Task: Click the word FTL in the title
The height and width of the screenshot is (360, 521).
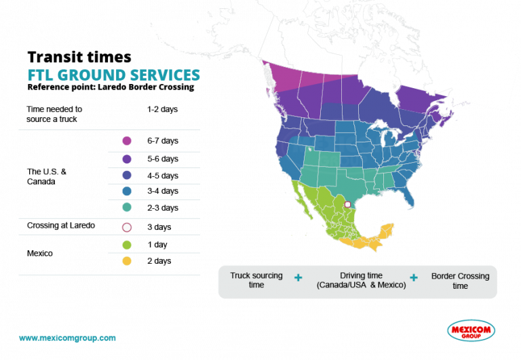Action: pos(41,75)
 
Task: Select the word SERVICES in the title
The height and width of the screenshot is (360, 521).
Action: pos(166,75)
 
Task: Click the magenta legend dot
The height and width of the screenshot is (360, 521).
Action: pos(127,141)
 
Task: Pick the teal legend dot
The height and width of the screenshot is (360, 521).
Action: pos(127,207)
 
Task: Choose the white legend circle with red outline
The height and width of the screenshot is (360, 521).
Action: pos(127,227)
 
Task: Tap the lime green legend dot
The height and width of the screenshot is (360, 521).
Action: pos(127,245)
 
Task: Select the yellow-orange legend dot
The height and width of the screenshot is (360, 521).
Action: pos(127,261)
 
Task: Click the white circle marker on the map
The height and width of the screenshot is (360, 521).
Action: pos(347,204)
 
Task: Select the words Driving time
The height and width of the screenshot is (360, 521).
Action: pos(361,275)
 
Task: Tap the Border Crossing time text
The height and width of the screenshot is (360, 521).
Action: pos(459,281)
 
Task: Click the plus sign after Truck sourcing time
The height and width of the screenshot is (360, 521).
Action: pos(296,277)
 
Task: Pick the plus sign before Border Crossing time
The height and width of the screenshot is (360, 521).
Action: pos(413,277)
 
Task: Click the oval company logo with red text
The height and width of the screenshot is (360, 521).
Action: pos(471,330)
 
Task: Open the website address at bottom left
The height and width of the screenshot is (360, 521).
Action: pos(67,338)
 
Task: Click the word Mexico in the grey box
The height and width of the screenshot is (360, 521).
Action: pos(391,285)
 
